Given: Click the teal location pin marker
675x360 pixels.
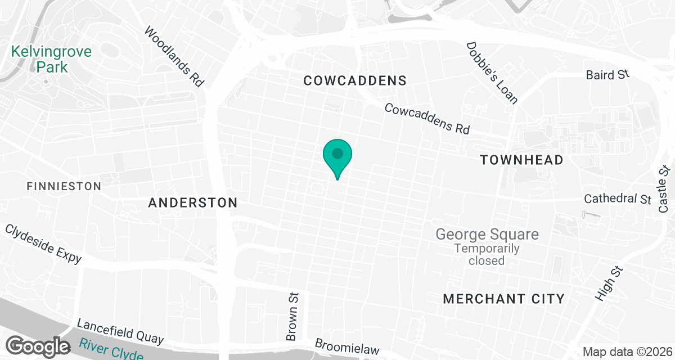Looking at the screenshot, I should [337, 155].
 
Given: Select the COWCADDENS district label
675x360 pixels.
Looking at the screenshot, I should [354, 81].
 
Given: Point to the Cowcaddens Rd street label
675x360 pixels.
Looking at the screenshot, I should [427, 118].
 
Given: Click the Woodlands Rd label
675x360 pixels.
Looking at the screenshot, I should [173, 57].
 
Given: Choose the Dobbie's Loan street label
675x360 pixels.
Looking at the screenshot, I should [492, 73].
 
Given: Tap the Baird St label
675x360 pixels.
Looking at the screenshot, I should [607, 75].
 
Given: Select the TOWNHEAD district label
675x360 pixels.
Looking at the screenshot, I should [521, 160].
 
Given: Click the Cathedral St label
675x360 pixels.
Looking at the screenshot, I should [618, 199].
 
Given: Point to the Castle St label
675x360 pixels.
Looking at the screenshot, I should [665, 189].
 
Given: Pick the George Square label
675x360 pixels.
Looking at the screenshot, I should [487, 234].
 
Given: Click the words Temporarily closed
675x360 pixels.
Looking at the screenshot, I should [479, 254].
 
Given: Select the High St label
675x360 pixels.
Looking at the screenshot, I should [609, 283].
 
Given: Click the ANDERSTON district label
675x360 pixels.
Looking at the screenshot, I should [193, 203].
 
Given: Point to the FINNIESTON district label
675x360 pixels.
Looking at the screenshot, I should [64, 186].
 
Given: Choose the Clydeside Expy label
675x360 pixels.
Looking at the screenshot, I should [43, 244].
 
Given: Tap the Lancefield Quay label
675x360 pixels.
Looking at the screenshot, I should [120, 332].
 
